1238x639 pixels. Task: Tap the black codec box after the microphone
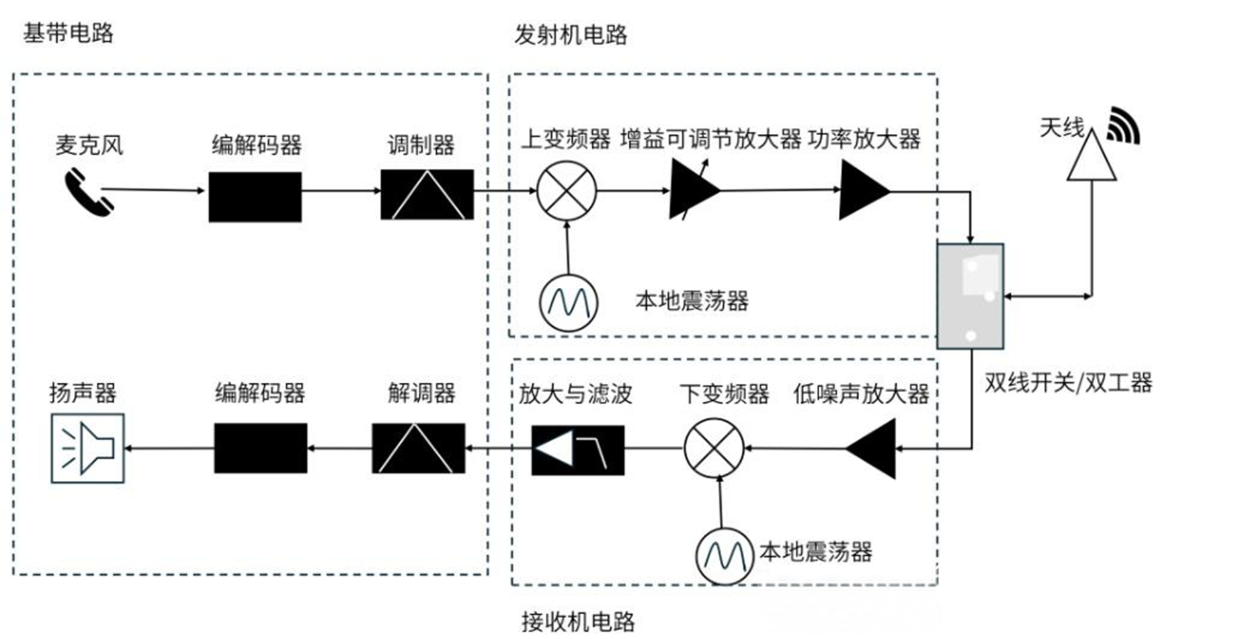(255, 197)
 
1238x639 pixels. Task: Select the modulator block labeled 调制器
(427, 194)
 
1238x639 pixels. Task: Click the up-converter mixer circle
(567, 190)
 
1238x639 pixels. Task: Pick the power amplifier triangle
(864, 190)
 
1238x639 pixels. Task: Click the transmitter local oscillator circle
(569, 303)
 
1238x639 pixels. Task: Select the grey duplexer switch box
(970, 296)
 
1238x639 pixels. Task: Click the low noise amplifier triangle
(871, 449)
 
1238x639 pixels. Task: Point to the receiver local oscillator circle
(725, 556)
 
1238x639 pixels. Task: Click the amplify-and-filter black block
(578, 450)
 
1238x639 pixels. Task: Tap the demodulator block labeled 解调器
(418, 448)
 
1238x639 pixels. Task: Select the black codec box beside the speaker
(261, 448)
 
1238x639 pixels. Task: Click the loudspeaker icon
(88, 448)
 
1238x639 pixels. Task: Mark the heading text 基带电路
(69, 33)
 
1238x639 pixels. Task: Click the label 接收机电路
(578, 622)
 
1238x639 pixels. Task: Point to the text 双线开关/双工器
(1069, 383)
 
